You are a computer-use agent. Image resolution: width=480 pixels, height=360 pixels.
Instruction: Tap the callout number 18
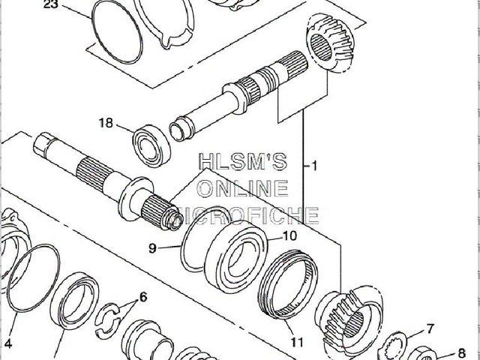105,121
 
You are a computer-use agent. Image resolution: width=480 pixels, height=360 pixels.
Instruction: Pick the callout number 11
297,343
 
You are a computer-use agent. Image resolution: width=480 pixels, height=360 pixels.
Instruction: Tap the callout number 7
430,328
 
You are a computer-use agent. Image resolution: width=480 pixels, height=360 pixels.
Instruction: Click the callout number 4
8,344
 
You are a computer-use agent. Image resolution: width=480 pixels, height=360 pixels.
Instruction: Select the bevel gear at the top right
330,46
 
